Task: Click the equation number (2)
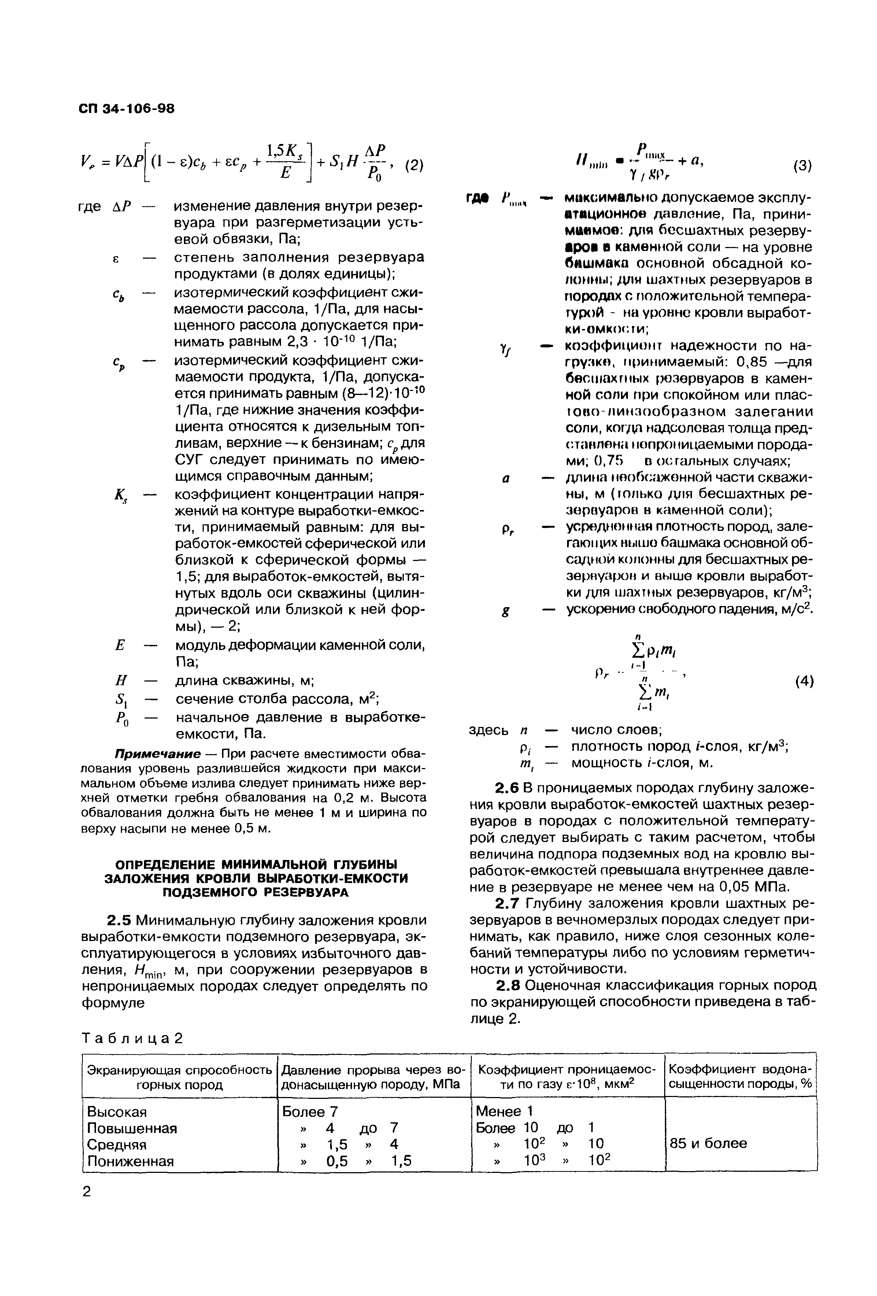(413, 166)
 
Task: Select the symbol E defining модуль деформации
(119, 646)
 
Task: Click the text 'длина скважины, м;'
(245, 681)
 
